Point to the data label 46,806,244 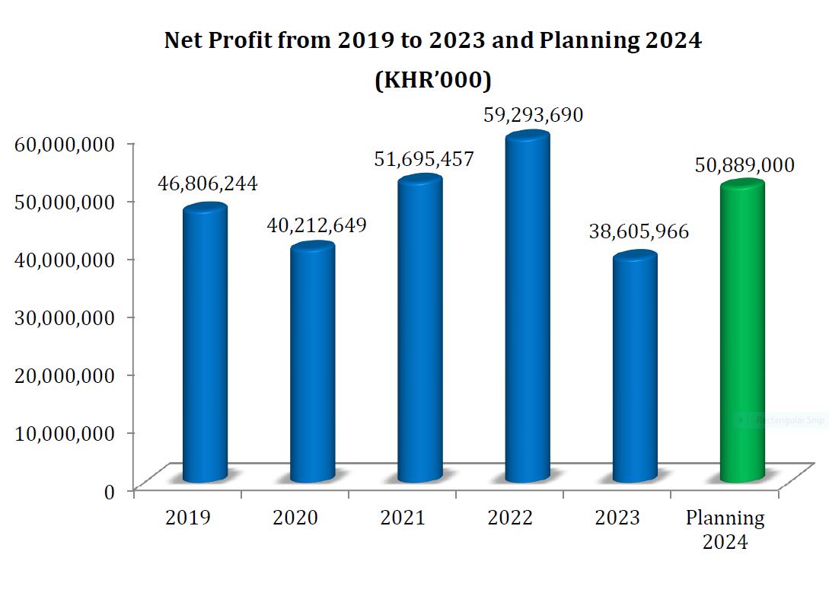pos(208,183)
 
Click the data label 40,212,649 pos(316,225)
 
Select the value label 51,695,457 pos(423,159)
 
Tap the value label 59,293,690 pos(533,116)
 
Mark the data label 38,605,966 pos(639,232)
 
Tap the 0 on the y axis pos(110,492)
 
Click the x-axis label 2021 pos(403,518)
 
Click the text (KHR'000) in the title pos(432,80)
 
